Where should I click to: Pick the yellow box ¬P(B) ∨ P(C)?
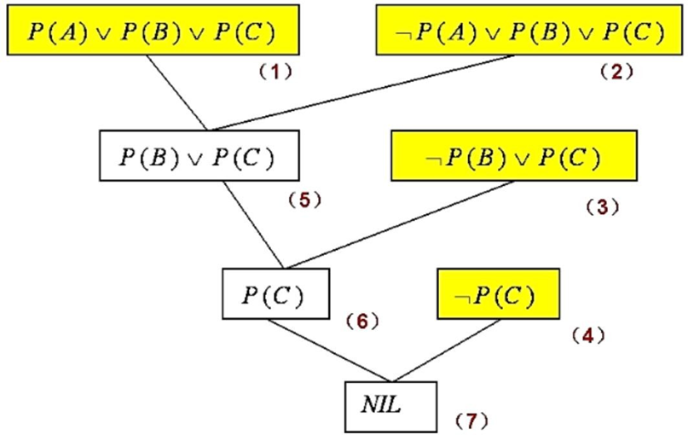[513, 156]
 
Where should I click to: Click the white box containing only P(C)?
[273, 294]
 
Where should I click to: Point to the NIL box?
[390, 405]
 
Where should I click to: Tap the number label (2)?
[616, 72]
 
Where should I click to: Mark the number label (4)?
[587, 334]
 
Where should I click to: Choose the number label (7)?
[469, 420]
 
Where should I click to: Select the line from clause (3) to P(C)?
[401, 223]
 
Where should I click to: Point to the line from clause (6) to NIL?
[328, 351]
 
